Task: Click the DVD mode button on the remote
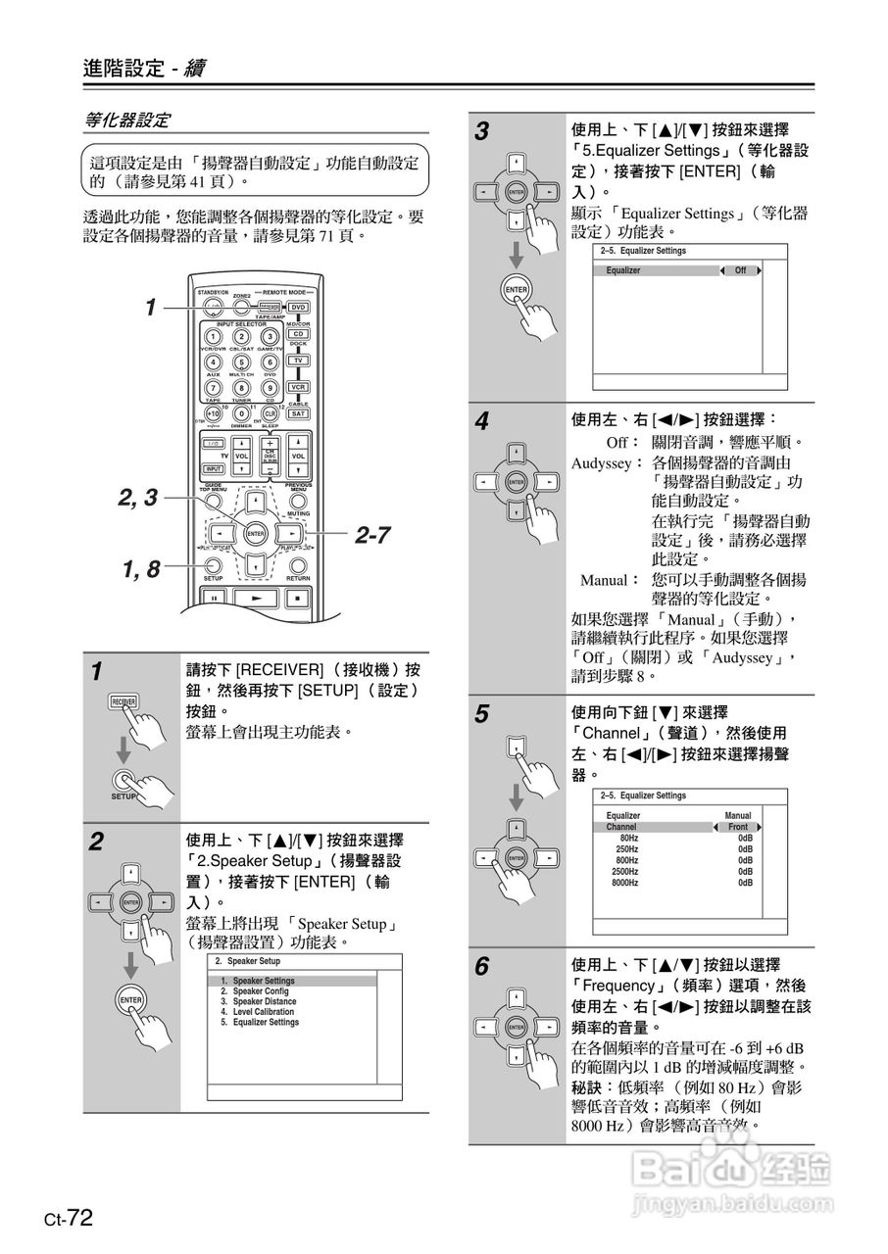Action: point(298,308)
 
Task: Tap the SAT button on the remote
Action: point(298,413)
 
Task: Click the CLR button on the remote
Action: point(270,414)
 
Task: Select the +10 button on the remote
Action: point(213,414)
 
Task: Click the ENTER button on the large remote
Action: point(256,534)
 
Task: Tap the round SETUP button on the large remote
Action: point(213,564)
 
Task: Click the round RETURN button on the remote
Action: point(298,564)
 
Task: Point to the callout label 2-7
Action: point(372,535)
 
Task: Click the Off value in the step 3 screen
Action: point(740,270)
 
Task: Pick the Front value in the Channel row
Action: point(737,827)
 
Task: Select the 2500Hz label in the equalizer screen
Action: point(624,871)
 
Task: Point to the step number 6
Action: point(481,968)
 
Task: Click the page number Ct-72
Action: point(68,1219)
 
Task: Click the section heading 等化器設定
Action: point(127,121)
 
